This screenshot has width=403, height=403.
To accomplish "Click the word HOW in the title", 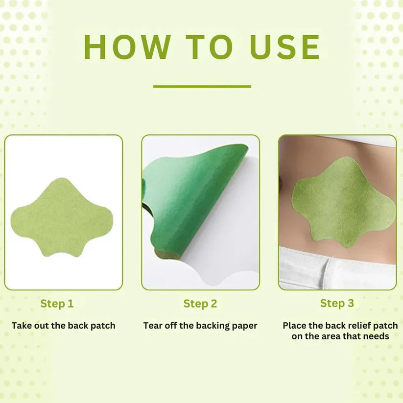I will [x=127, y=47].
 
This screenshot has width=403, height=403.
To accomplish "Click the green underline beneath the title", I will [x=202, y=87].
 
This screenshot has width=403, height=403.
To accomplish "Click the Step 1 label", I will [x=57, y=304].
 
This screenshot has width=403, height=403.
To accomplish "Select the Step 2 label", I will [x=200, y=304].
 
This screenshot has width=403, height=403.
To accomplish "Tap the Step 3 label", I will [x=337, y=303].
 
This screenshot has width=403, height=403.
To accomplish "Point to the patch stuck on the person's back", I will [x=343, y=201].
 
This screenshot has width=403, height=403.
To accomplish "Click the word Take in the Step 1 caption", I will [x=22, y=326].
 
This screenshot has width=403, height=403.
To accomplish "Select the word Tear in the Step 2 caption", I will [x=153, y=326].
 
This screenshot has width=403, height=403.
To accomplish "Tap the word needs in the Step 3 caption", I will [x=377, y=336].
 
